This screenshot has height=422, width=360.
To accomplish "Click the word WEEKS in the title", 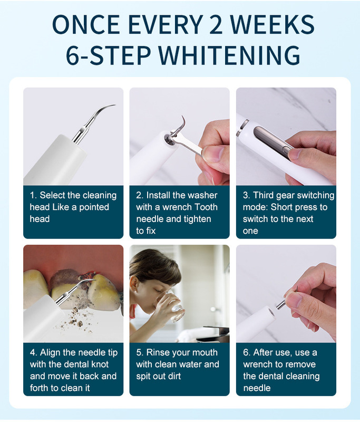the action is tap(273, 24).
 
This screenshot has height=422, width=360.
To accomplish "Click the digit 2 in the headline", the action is tap(216, 24).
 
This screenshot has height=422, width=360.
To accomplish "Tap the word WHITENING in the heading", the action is tap(229, 55).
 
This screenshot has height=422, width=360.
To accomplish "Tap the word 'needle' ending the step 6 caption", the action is tap(257, 388).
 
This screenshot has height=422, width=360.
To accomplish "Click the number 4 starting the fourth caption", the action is tap(33, 352).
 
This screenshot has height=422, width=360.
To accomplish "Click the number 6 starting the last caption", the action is tap(246, 352).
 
